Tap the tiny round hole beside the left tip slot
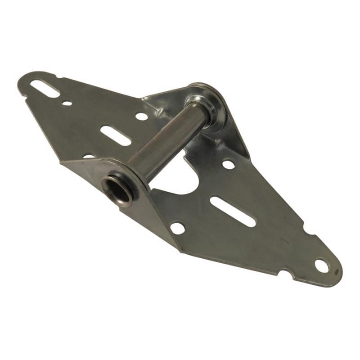(x=67, y=103)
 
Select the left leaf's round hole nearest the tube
(x=141, y=116)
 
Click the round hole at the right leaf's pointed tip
(x=321, y=265)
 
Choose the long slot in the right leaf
(x=233, y=211)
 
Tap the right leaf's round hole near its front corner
(x=177, y=228)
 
